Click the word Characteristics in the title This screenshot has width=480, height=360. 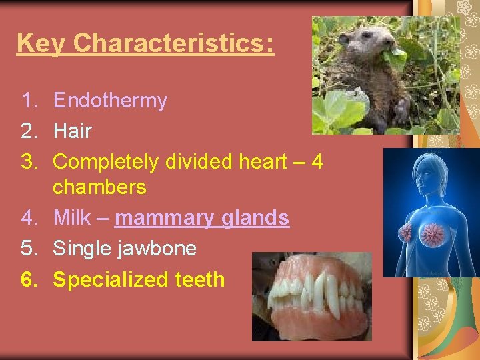(x=173, y=43)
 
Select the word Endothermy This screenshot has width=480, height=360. (x=110, y=101)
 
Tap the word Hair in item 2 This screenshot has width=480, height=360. (x=72, y=131)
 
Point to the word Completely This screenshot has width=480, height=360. (x=106, y=162)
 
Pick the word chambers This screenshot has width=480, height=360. (x=99, y=187)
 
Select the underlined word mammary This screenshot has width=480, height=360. (x=163, y=219)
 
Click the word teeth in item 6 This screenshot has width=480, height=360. (x=200, y=279)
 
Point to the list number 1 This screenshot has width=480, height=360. (x=28, y=101)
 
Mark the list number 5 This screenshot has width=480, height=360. (x=29, y=249)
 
